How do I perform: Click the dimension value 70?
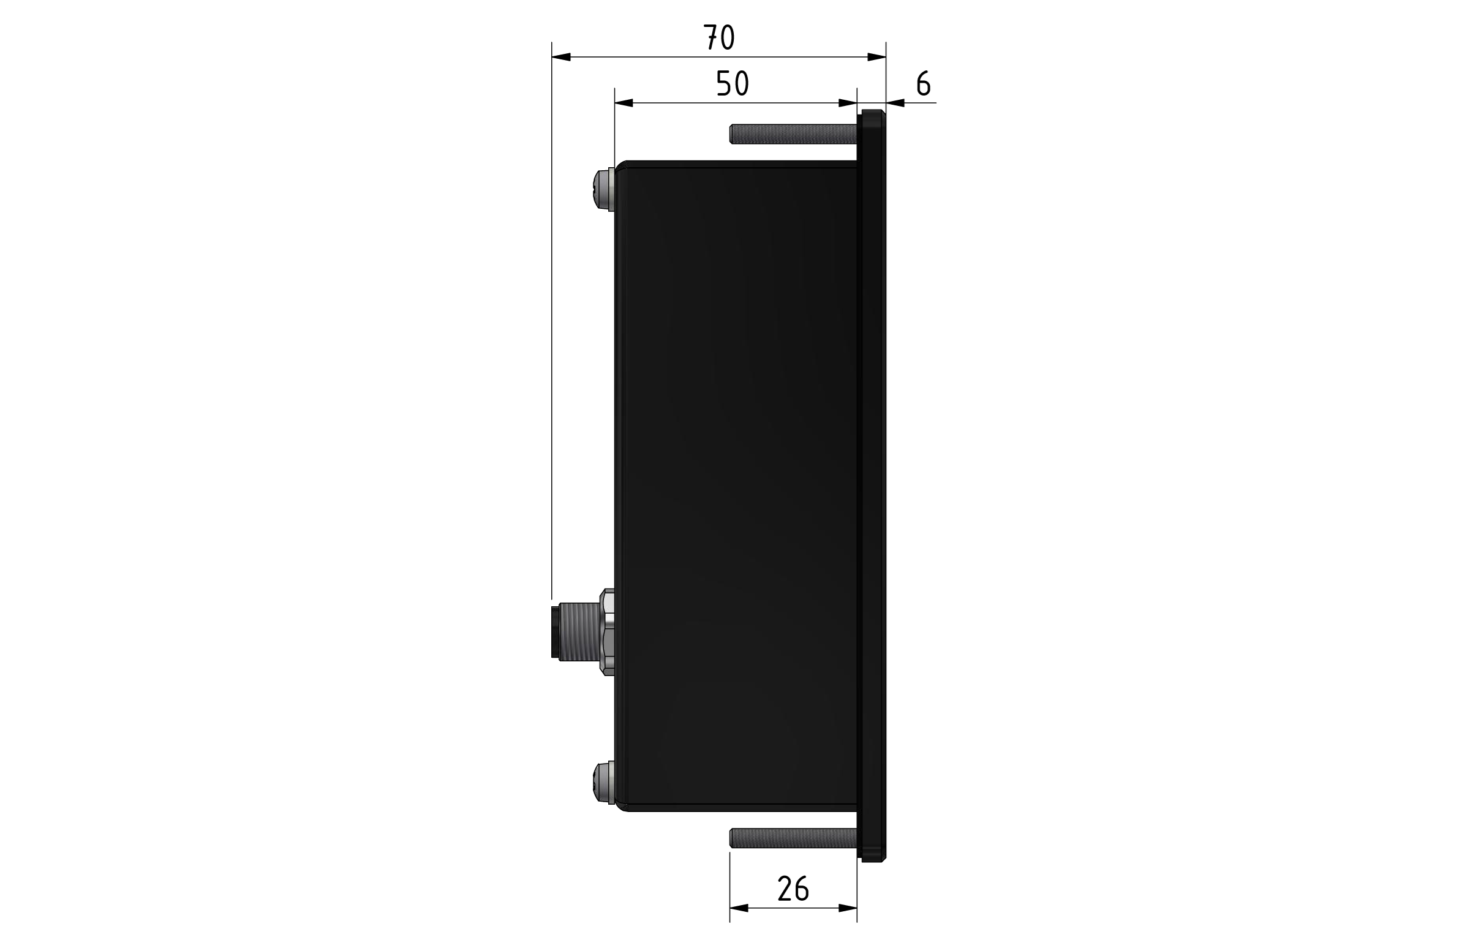(719, 37)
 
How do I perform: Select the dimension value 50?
(733, 84)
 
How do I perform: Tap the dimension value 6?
(923, 84)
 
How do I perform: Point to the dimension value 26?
(793, 889)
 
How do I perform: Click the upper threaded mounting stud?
(793, 134)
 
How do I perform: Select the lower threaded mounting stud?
(793, 838)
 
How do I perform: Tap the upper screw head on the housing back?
(603, 189)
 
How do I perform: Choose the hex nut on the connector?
(607, 633)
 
